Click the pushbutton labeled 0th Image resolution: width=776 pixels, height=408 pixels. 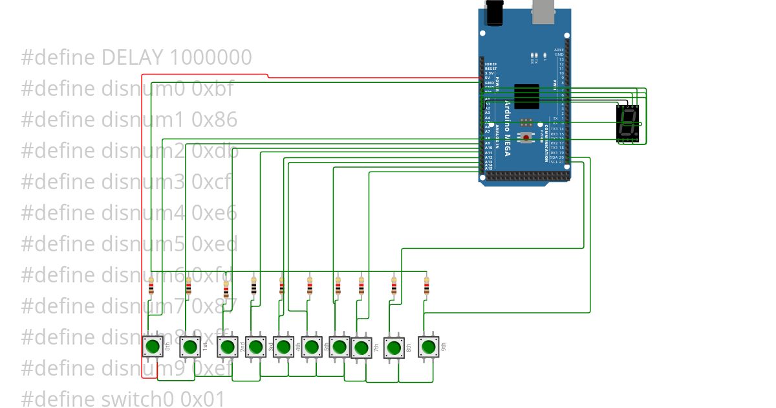tap(153, 346)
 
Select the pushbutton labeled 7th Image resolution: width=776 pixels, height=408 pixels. tap(360, 348)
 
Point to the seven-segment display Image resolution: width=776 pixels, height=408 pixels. tap(628, 123)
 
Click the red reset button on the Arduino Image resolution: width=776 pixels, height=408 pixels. tap(527, 137)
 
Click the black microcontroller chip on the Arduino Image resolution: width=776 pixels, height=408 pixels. tap(527, 97)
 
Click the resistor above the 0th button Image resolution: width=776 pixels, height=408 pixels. tap(151, 286)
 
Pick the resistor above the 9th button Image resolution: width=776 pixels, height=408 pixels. tap(426, 286)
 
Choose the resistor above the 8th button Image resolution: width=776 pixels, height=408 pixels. tap(393, 286)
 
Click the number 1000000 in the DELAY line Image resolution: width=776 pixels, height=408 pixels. tap(210, 58)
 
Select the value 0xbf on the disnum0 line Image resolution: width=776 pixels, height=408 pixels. tap(213, 89)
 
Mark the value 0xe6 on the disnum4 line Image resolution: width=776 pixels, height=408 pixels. tap(214, 212)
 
